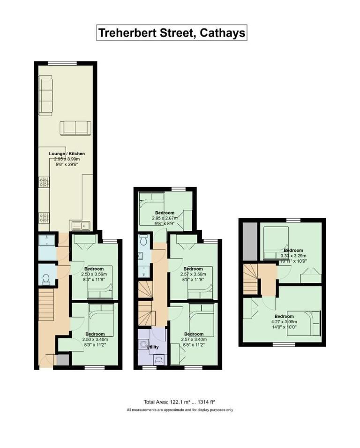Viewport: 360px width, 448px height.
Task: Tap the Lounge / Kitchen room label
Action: pos(67,153)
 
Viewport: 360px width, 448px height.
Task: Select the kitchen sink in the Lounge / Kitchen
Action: pos(80,226)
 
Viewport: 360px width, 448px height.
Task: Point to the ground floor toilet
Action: pos(46,280)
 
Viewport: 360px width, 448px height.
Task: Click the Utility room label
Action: pos(153,347)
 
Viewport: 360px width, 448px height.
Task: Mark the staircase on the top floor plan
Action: pos(250,279)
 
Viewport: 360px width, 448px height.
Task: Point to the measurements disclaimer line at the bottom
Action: pos(180,410)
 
